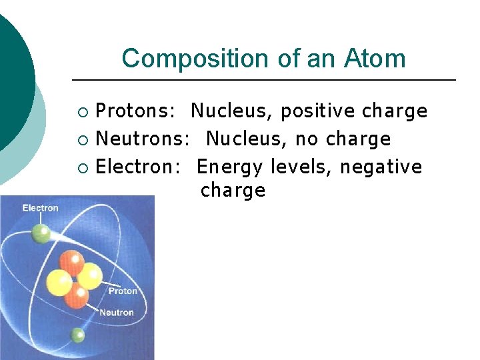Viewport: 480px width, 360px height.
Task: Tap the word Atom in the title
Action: (375, 59)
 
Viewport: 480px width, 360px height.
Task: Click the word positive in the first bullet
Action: (318, 111)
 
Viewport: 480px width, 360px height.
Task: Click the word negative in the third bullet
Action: (381, 166)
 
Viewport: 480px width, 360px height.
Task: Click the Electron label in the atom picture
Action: (40, 208)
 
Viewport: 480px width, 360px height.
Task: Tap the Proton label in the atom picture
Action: (122, 291)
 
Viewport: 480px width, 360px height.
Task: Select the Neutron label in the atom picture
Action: (116, 312)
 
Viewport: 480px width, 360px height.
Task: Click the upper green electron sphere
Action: (42, 233)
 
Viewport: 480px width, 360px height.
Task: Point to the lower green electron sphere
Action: (79, 335)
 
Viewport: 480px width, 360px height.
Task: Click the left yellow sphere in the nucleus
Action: (58, 283)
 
